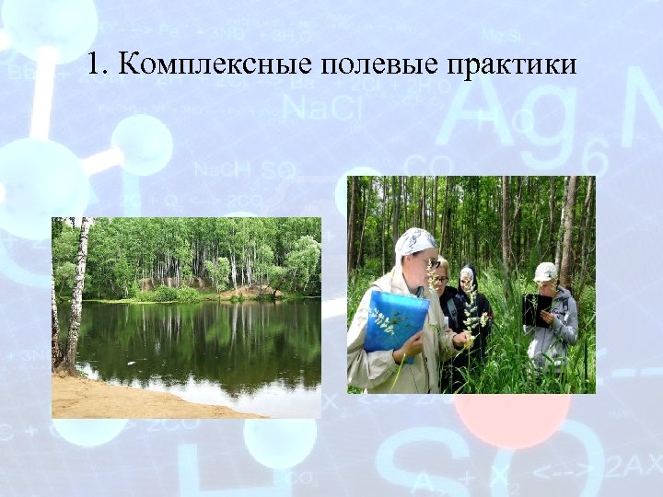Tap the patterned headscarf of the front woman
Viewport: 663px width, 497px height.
(415, 242)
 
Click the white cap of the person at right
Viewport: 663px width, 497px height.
(545, 272)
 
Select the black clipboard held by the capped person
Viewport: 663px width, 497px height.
(537, 308)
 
